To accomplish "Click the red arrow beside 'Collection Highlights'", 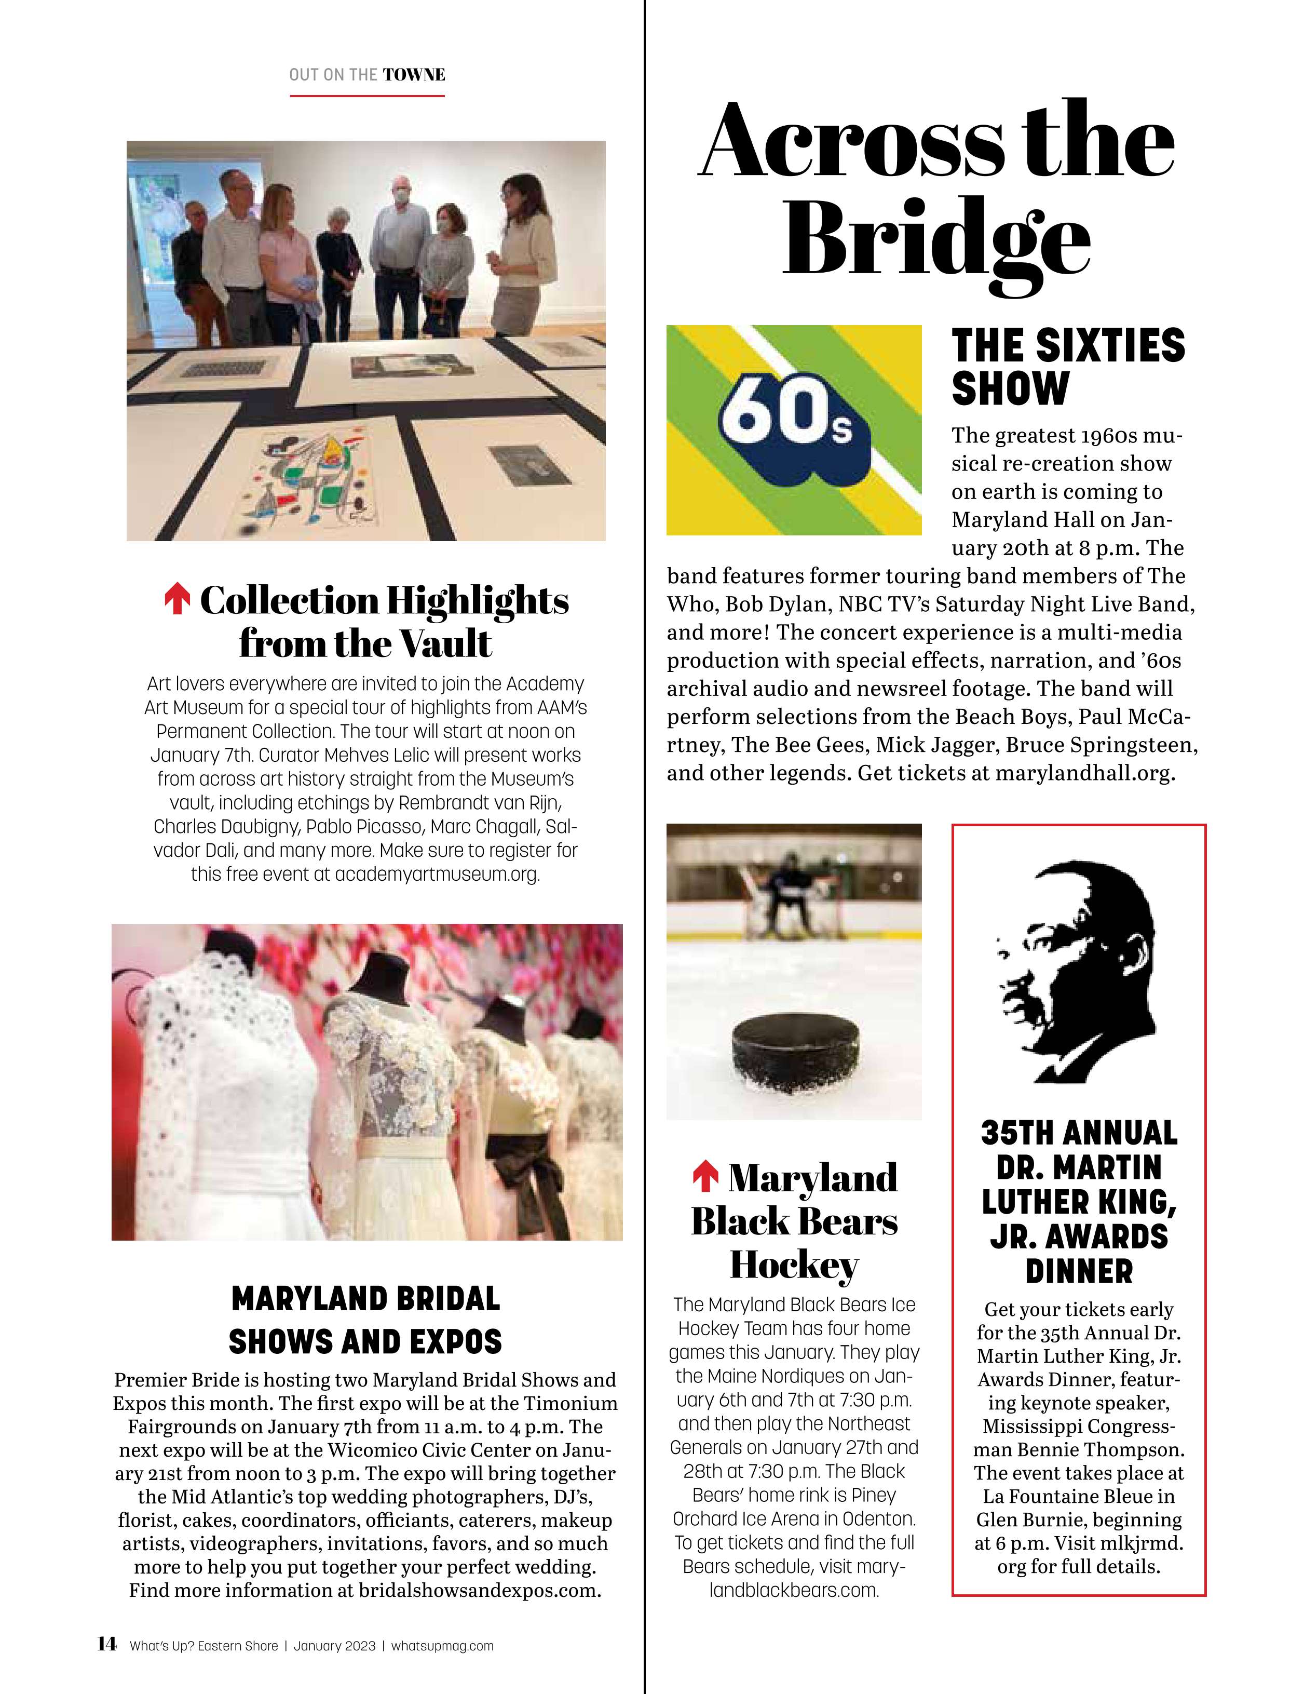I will [178, 600].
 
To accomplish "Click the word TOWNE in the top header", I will [414, 75].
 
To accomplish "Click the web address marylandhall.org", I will [1085, 773].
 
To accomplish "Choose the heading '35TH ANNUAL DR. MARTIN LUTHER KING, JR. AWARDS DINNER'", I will [1078, 1201].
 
